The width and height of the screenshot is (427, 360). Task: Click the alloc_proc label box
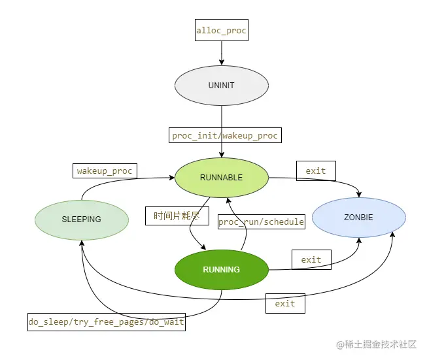tap(222, 30)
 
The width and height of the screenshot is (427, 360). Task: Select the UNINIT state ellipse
tap(222, 86)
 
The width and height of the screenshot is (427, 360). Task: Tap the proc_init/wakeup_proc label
tap(224, 136)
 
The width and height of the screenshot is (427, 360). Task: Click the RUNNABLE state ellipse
tap(222, 178)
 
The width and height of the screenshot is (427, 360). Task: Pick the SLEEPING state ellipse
tap(82, 220)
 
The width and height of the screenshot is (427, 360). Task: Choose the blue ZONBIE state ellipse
tap(358, 218)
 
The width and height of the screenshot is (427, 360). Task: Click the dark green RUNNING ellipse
tap(222, 269)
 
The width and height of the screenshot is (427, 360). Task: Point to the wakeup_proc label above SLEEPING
tap(105, 171)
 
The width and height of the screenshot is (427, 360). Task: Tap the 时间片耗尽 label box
tap(176, 216)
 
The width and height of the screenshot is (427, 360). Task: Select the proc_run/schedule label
tap(261, 222)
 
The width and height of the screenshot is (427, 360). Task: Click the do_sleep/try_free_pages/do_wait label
tap(106, 322)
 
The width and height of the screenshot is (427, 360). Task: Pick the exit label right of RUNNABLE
tap(316, 171)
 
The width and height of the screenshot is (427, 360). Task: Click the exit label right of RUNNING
tap(311, 259)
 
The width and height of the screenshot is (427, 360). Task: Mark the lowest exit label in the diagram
tap(285, 304)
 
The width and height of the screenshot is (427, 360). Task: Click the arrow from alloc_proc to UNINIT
tap(222, 52)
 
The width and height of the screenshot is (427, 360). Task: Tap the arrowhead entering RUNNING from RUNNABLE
tap(205, 248)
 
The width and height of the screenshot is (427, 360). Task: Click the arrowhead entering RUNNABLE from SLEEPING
tap(171, 177)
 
